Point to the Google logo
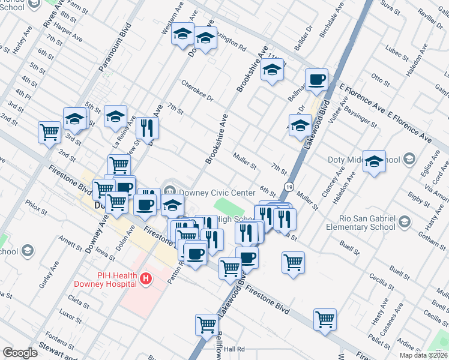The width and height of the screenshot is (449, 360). [20, 353]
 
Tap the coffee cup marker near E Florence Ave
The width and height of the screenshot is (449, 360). [316, 80]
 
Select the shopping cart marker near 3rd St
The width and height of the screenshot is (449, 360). [49, 132]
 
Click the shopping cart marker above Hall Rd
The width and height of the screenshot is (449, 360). [206, 325]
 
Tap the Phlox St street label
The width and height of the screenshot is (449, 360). [36, 208]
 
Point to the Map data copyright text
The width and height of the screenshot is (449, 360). [423, 355]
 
